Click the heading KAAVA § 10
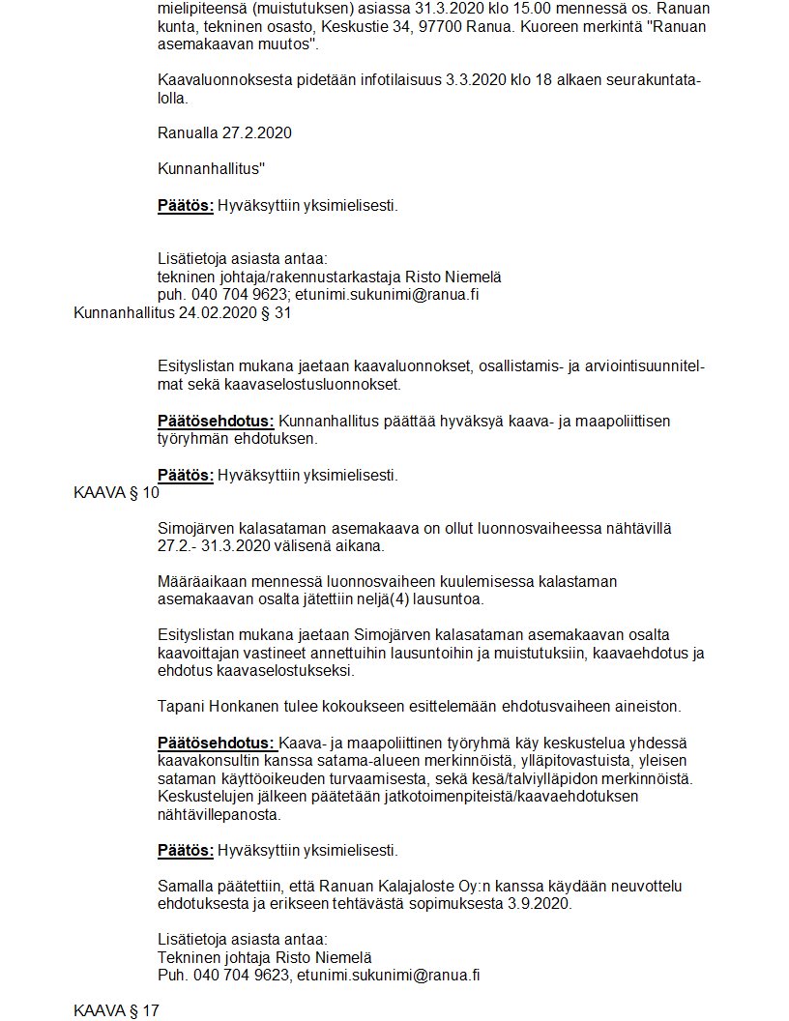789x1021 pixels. pos(116,491)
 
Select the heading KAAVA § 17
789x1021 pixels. pos(116,1010)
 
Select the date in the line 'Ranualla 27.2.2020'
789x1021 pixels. pos(258,132)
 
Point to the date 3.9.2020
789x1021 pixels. pos(538,904)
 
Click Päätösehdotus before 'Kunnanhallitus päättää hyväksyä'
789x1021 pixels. pos(216,421)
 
